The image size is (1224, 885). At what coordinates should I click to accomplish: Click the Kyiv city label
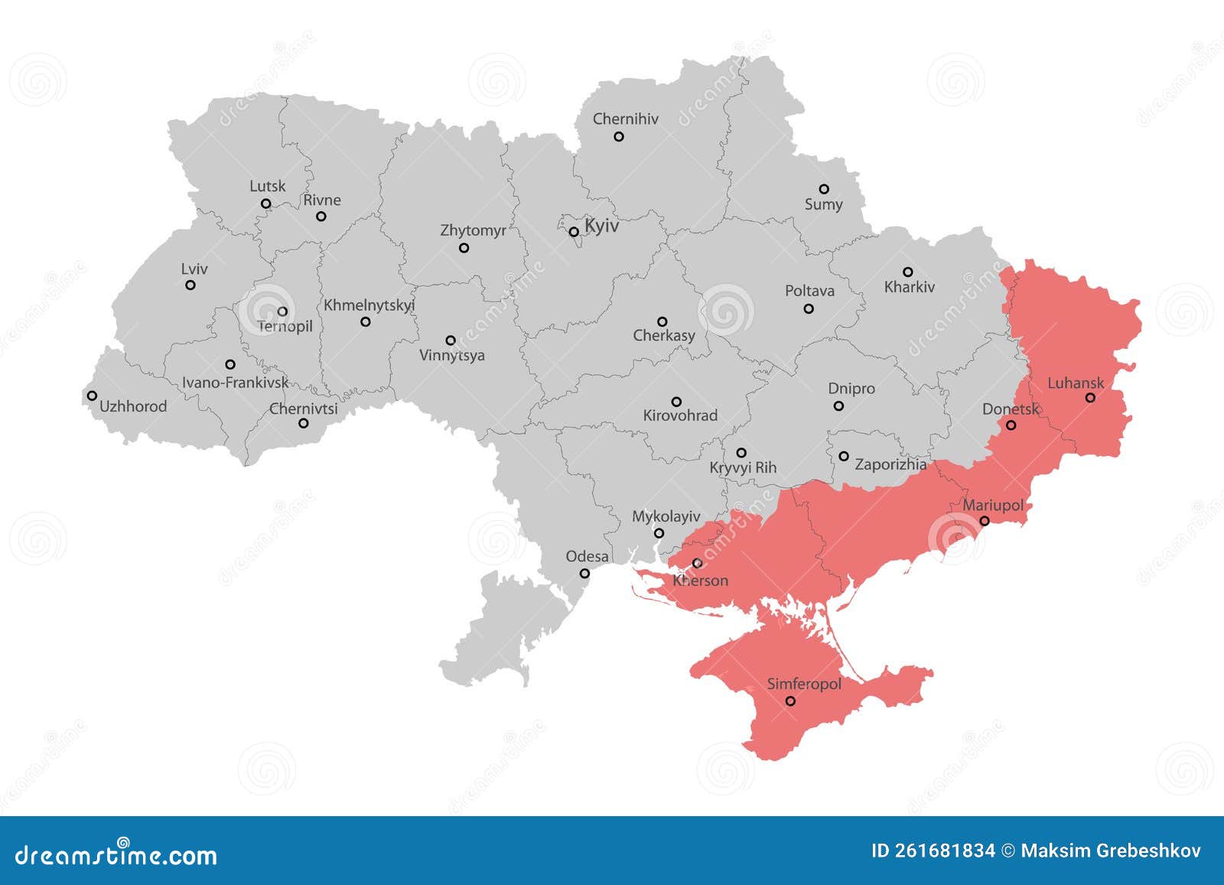pos(601,226)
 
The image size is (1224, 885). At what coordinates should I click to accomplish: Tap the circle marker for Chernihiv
pos(619,137)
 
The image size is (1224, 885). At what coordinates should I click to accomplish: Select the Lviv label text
pos(194,269)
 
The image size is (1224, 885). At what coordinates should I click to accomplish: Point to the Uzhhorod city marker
pos(92,395)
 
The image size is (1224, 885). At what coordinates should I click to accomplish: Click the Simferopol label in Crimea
pos(804,684)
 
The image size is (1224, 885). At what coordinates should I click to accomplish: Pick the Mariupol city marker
pos(985,521)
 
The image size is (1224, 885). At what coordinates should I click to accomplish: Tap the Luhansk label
pos(1076,382)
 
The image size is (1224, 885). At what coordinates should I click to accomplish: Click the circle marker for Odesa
pos(584,573)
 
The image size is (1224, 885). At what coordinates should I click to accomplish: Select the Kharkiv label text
pos(910,288)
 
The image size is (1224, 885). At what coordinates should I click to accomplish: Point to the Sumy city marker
pos(824,189)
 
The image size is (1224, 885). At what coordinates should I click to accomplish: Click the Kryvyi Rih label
pos(743,467)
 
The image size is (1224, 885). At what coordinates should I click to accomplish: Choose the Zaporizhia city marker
pos(843,456)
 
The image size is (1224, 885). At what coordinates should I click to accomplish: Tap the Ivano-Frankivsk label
pos(235,382)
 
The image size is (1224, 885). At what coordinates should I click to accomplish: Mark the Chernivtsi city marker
pos(304,423)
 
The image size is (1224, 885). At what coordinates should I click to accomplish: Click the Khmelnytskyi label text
pos(369,305)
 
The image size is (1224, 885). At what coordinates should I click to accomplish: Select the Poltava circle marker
pos(809,308)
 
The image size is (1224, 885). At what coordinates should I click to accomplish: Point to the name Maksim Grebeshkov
pos(1111,851)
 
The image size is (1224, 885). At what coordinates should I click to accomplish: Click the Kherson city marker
pos(697,563)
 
